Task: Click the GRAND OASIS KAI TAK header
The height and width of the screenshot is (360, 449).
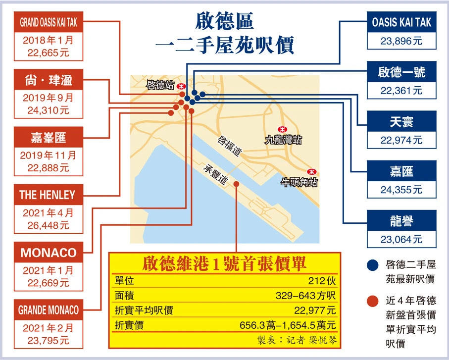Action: coord(49,22)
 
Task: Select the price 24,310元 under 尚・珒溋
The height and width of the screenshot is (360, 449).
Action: coord(49,110)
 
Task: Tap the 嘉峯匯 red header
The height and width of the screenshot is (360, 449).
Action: coord(49,137)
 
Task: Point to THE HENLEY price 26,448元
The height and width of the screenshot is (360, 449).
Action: coord(49,225)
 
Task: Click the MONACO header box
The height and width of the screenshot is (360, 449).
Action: coord(49,253)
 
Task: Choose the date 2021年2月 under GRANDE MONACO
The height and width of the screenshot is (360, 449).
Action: coord(49,328)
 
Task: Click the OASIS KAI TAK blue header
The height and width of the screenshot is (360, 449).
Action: coord(401,22)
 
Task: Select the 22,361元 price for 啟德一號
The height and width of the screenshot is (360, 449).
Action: coord(401,91)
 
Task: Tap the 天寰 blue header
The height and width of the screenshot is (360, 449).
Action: coord(401,121)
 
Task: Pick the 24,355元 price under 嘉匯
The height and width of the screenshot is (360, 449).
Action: coord(401,190)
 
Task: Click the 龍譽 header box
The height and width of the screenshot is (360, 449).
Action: coord(401,220)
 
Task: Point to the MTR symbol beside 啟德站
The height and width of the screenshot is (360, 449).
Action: coord(181,86)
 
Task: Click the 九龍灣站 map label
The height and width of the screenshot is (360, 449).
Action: coord(283,140)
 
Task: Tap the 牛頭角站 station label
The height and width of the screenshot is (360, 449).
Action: coord(299,182)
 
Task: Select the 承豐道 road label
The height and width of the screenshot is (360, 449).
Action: coord(216,174)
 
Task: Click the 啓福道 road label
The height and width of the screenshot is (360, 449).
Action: coord(230,146)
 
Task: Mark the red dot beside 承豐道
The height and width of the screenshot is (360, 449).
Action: coord(236,184)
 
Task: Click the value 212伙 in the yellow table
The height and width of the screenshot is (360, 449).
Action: coord(322,281)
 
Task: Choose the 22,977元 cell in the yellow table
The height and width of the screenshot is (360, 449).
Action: coord(315,310)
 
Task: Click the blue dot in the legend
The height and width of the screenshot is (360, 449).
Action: coord(373,265)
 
